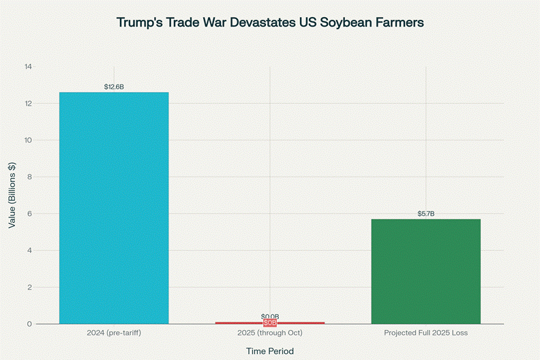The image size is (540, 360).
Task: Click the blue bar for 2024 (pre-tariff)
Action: [114, 208]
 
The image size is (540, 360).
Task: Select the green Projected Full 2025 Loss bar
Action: [426, 271]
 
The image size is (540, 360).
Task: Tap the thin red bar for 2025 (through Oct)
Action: [270, 322]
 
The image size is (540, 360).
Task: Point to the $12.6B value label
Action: [114, 87]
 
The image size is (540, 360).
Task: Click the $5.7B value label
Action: [426, 214]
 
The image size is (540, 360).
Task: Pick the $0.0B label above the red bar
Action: [270, 316]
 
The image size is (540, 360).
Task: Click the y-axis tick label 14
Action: [28, 67]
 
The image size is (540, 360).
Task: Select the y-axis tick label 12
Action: [28, 104]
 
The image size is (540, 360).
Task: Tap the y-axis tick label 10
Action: [28, 140]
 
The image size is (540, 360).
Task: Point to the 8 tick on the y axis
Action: [30, 177]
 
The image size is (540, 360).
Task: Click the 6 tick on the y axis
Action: [30, 214]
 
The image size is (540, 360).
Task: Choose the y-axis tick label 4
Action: [30, 251]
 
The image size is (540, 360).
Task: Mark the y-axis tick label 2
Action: [30, 288]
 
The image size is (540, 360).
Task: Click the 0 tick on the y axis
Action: [30, 324]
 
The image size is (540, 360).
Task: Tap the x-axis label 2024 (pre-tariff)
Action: [114, 333]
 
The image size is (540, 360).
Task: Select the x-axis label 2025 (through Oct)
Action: [270, 333]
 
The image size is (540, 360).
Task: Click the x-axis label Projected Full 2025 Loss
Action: [426, 333]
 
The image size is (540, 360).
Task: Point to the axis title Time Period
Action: [270, 350]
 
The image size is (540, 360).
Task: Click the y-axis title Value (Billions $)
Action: [12, 195]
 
